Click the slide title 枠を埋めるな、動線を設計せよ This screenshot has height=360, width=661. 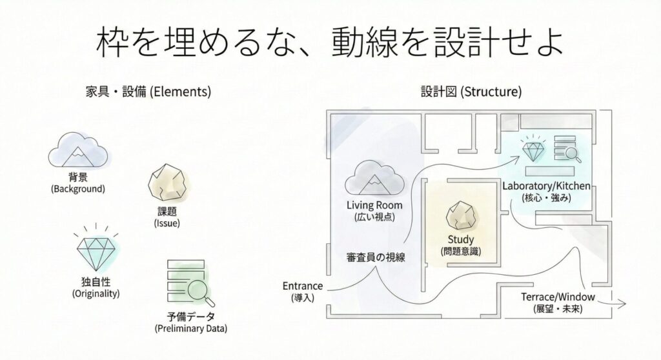[330, 43]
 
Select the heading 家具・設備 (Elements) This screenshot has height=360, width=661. [148, 92]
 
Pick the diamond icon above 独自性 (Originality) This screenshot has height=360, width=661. [96, 249]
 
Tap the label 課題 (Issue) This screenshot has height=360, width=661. [167, 217]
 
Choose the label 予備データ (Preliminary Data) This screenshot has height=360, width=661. [191, 322]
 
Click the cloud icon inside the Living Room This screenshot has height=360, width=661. [373, 177]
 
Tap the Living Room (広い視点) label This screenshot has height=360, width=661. [374, 211]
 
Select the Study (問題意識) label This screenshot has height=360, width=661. [461, 245]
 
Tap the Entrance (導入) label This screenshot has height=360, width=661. [302, 291]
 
